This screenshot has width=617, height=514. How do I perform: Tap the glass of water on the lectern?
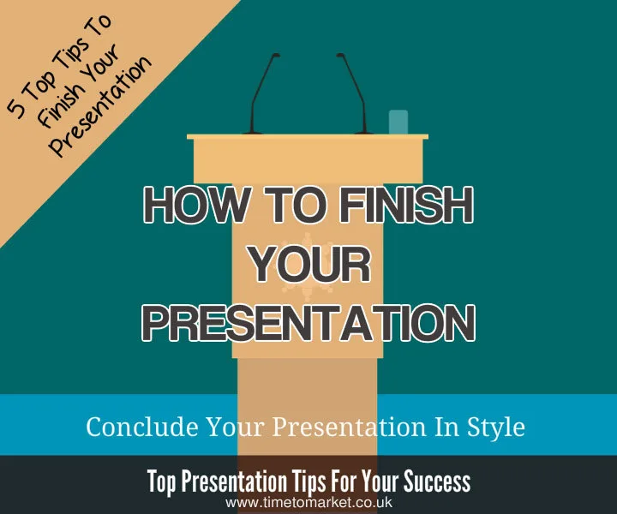[x=398, y=122]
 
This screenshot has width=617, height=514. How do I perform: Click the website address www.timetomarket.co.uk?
[x=308, y=504]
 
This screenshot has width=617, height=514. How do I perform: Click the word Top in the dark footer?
[x=165, y=481]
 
